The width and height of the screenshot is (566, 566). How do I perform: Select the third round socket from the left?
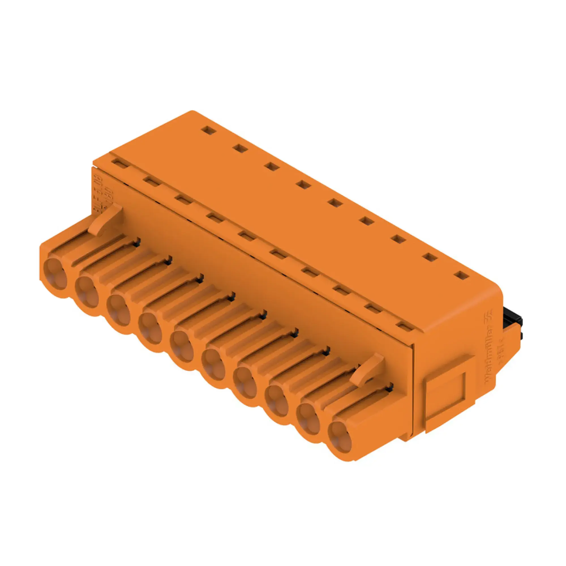click(x=119, y=310)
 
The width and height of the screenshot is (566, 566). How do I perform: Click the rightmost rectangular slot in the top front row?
click(x=405, y=326)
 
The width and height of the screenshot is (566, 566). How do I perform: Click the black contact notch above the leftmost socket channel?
click(x=137, y=242)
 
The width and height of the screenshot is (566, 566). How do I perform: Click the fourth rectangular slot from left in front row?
click(x=215, y=217)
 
